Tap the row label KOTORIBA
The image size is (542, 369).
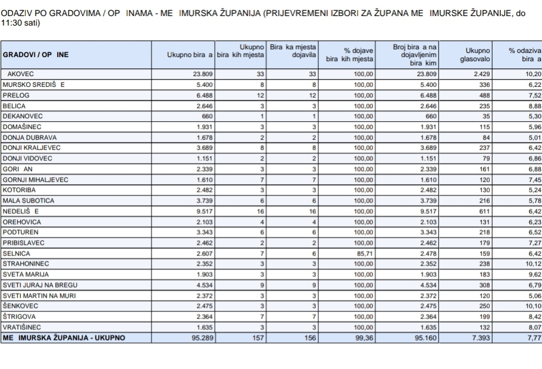tap(18, 190)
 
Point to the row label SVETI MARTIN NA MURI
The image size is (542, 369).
tap(37, 295)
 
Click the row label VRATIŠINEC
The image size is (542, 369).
tap(22, 327)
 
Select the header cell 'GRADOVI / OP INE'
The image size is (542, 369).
tap(36, 55)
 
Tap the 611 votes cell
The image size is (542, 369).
tap(483, 211)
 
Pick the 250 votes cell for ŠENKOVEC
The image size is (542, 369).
tap(483, 306)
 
